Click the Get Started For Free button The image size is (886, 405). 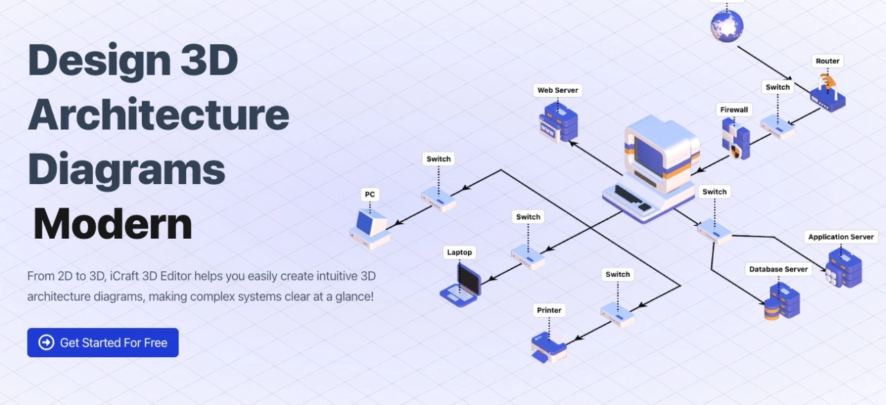tap(102, 343)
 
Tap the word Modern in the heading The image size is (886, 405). tap(113, 224)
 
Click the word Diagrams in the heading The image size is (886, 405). tap(127, 169)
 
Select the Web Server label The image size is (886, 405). tap(558, 90)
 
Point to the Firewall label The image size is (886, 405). tap(734, 109)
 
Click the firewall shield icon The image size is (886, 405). tap(736, 138)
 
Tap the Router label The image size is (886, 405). tap(827, 61)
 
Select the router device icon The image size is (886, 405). tap(827, 94)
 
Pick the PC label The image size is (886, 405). tap(370, 195)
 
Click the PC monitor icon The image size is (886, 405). tap(370, 227)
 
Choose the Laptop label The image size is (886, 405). tap(459, 253)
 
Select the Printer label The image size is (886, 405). tap(549, 310)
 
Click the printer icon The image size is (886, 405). tap(549, 345)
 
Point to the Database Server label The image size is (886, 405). tap(778, 269)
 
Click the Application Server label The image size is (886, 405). tap(841, 237)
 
